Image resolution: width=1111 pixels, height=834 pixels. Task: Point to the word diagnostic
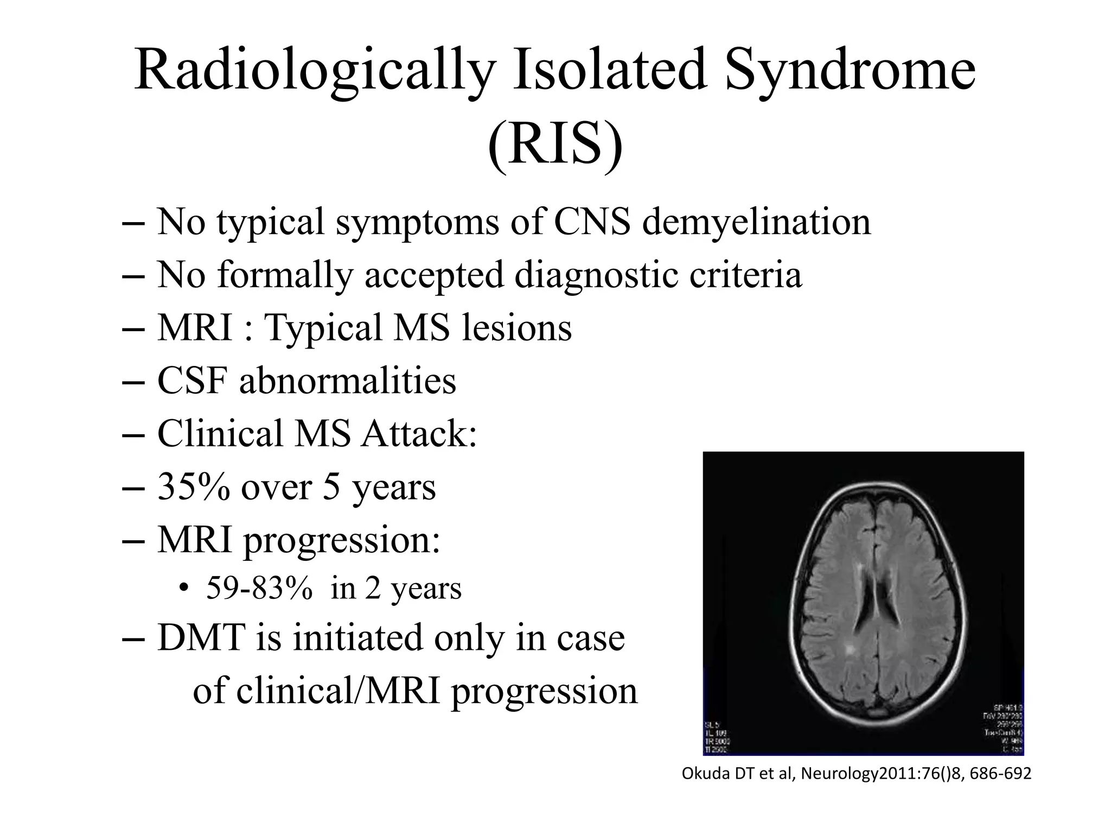(596, 275)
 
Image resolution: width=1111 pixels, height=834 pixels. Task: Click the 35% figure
(193, 486)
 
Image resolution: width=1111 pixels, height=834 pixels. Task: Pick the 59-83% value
(259, 588)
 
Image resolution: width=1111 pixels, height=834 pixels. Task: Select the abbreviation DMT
(201, 637)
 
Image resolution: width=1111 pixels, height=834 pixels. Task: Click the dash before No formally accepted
(133, 276)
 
